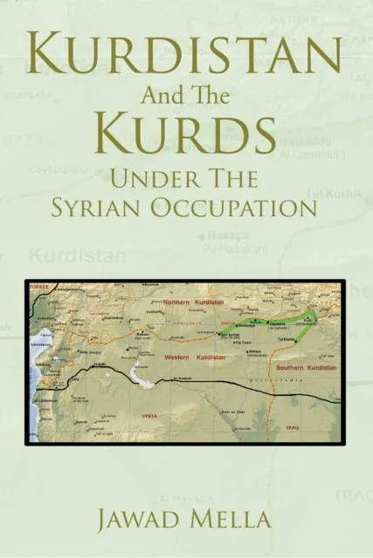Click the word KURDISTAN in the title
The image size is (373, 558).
(x=186, y=58)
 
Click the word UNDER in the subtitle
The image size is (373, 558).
(x=145, y=180)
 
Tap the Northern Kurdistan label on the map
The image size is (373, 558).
(x=193, y=302)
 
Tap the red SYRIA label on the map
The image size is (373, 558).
(x=149, y=416)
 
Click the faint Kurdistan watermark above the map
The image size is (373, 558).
(x=78, y=255)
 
